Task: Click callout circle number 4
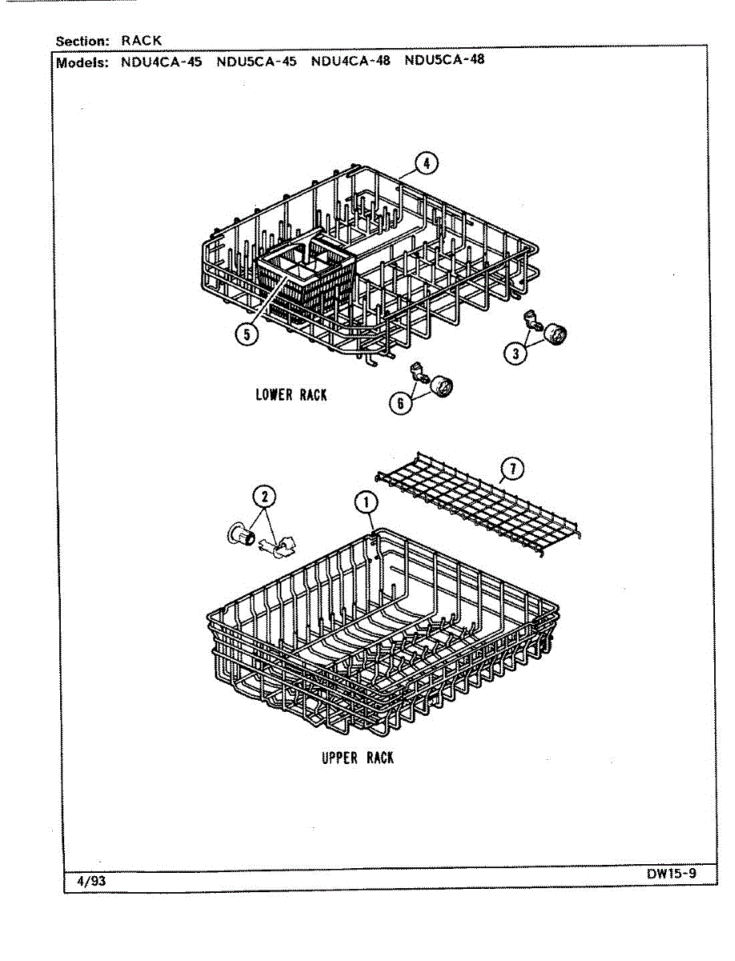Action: [426, 163]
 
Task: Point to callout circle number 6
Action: [400, 403]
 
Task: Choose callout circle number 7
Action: [511, 468]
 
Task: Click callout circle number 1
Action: [365, 503]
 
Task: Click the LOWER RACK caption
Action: [291, 394]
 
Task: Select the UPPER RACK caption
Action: [357, 758]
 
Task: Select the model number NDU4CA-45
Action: [161, 60]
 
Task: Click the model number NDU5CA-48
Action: [445, 59]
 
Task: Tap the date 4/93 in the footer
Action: [91, 881]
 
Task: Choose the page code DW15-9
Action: [672, 874]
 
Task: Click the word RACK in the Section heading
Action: [142, 40]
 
